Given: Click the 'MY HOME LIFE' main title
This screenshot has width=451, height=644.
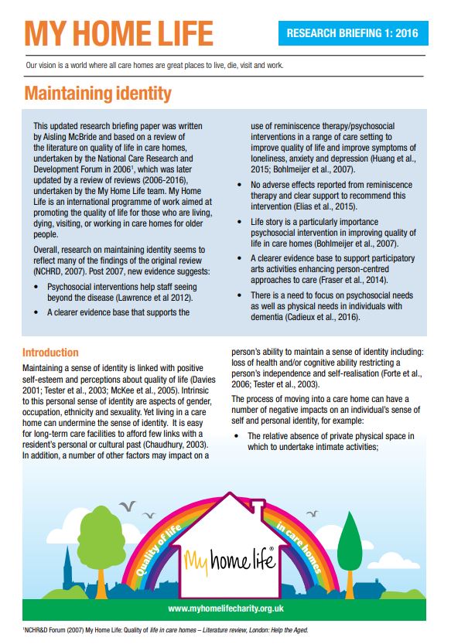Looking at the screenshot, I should click(118, 33).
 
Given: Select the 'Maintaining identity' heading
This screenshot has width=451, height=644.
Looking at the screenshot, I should click(97, 94).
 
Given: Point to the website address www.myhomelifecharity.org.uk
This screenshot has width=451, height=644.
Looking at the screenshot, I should click(224, 608).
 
